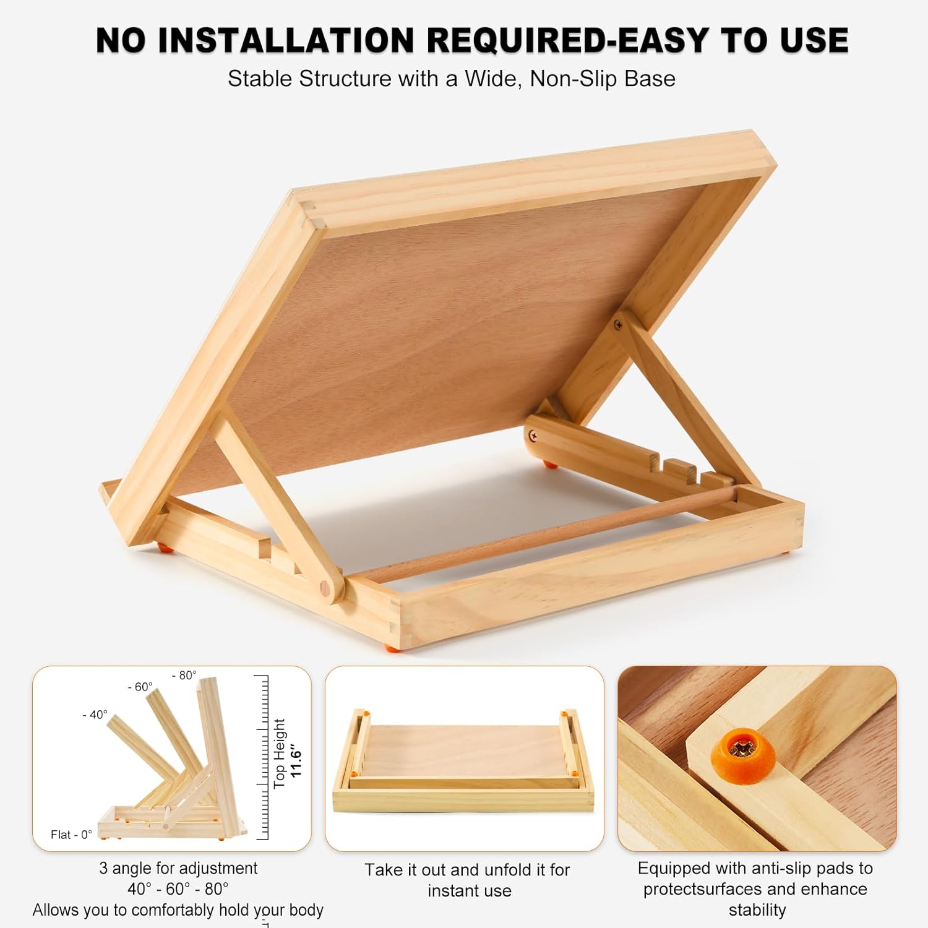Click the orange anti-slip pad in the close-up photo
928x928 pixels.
point(747,750)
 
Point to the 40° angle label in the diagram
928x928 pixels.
point(95,715)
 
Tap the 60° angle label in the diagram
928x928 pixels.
point(140,687)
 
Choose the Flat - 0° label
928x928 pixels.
point(71,835)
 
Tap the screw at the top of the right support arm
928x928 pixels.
point(617,324)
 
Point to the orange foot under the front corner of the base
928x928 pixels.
point(392,648)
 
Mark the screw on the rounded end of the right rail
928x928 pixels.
point(533,437)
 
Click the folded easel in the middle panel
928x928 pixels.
point(464,760)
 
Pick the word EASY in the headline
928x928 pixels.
point(663,41)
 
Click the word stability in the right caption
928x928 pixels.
point(757,910)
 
